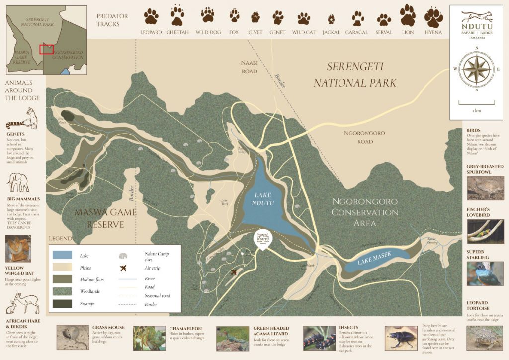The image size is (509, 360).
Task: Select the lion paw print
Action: (408, 16)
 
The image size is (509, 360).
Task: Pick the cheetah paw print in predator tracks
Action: (177, 16)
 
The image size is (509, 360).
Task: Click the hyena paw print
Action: (433, 17)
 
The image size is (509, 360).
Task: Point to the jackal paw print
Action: (331, 19)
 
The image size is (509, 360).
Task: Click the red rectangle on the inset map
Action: (46, 49)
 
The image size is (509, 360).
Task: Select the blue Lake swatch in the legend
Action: (64, 256)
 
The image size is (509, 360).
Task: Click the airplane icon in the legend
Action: (123, 268)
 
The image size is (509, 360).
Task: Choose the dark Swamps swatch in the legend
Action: (64, 303)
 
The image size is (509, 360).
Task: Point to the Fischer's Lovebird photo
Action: (485, 231)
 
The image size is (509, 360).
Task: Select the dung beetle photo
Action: (401, 338)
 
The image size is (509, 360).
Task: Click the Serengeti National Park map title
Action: (355, 75)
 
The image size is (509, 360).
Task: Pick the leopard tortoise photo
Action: (485, 338)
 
